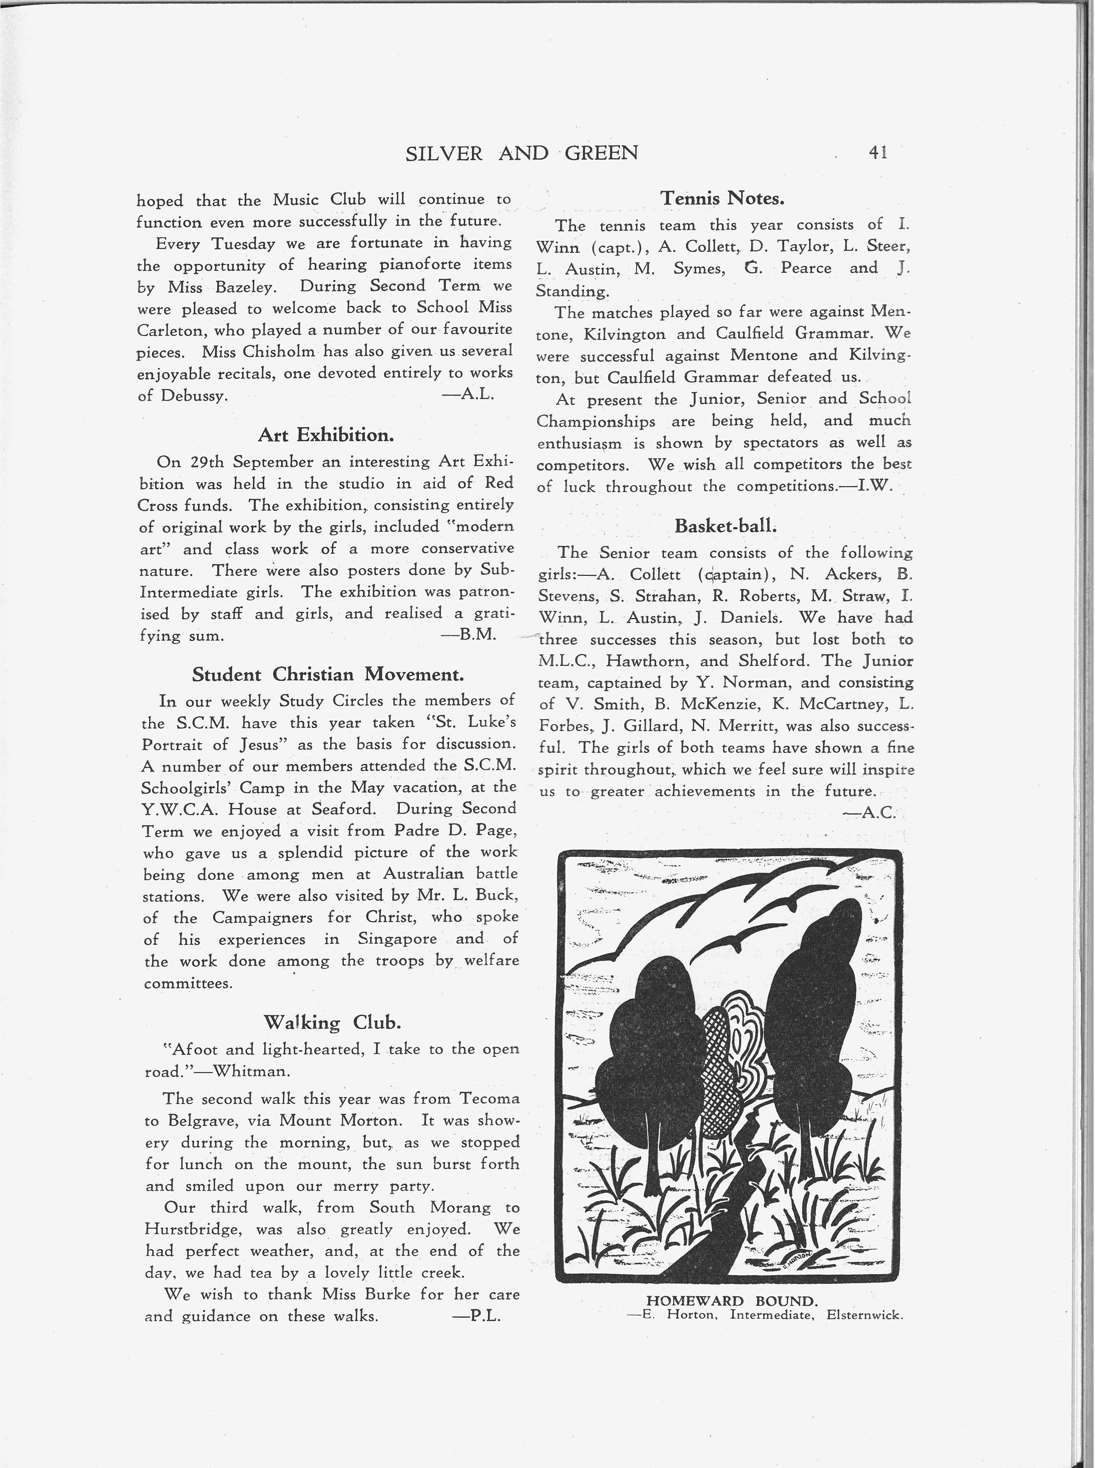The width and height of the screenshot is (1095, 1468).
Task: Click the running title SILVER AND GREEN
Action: point(521,153)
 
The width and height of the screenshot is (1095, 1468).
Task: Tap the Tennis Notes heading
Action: point(723,198)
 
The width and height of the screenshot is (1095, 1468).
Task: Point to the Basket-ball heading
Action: point(725,525)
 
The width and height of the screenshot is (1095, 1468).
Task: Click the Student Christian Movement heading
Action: point(327,674)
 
